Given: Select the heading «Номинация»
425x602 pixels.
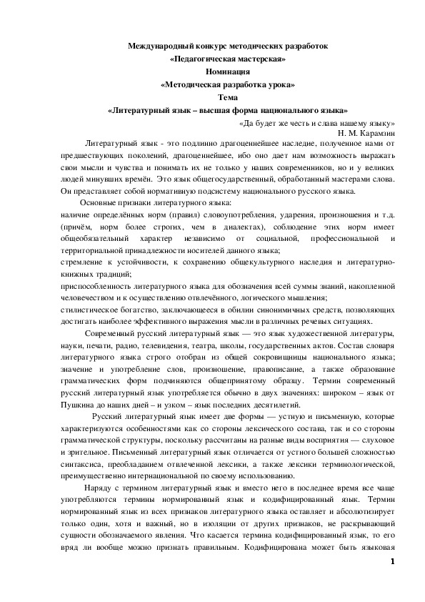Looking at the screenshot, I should point(227,71).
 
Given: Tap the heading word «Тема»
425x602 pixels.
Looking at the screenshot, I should point(227,97).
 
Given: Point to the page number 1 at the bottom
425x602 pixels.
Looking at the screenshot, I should point(392,563).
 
